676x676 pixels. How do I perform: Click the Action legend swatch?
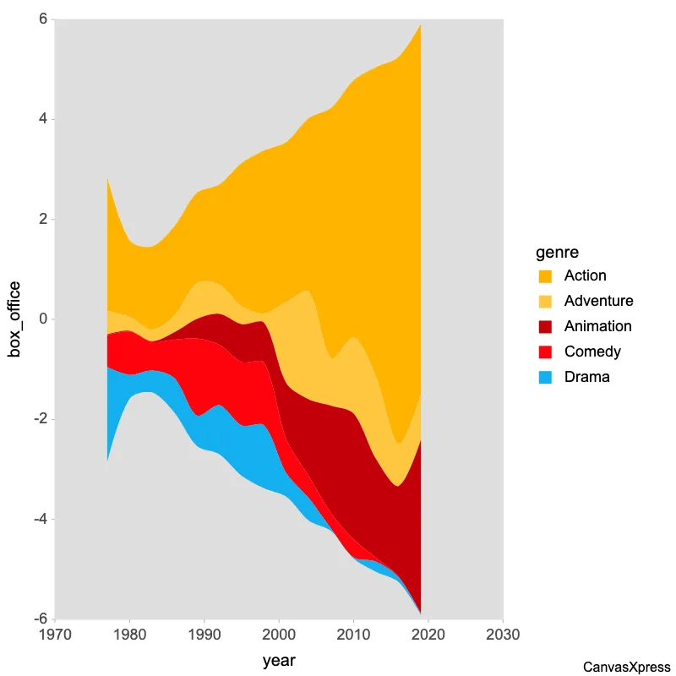tap(545, 276)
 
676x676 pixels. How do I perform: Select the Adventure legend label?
tap(598, 302)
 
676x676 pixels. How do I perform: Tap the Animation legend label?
tap(597, 327)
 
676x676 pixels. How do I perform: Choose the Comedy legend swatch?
tap(545, 352)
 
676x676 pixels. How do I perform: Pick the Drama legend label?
tap(586, 378)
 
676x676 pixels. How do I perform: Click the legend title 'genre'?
tap(557, 252)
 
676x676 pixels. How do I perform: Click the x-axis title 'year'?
tap(279, 661)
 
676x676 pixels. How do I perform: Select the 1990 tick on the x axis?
tap(204, 635)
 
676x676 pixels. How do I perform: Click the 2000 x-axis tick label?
tap(279, 635)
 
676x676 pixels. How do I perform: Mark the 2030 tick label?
tap(503, 635)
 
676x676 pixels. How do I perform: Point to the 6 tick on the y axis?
tap(43, 19)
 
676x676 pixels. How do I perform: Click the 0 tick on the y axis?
tap(43, 319)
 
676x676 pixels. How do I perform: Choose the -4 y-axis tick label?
tap(40, 520)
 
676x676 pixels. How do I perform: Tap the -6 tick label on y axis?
tap(40, 619)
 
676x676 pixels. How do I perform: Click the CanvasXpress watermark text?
tap(627, 668)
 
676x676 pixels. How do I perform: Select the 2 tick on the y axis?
tap(43, 220)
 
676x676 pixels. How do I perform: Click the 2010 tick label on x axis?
tap(353, 635)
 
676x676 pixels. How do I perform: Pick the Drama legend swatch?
tap(545, 378)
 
